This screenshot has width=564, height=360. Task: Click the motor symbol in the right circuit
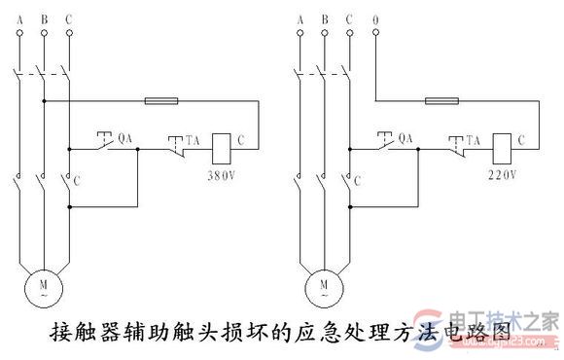tap(324, 284)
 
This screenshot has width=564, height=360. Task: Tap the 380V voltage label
tap(223, 177)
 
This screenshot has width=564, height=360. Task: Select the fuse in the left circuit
tap(159, 99)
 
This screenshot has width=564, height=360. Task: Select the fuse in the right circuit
tap(444, 99)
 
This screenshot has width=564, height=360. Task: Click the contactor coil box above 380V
tap(220, 143)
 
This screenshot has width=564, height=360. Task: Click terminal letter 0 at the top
tap(374, 17)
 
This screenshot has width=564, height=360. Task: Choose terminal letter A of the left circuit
tap(19, 17)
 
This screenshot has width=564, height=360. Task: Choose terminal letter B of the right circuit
tap(325, 17)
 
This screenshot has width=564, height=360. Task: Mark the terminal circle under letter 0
tap(374, 34)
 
